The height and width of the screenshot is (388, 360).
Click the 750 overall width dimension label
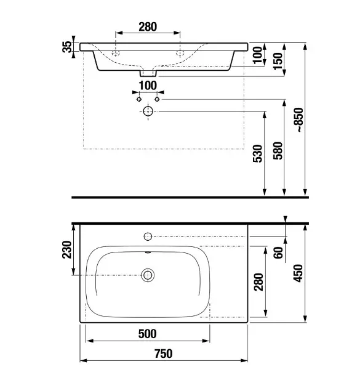tap(164, 354)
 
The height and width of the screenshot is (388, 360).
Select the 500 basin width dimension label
tap(147, 334)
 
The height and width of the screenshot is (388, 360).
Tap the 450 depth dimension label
tap(298, 273)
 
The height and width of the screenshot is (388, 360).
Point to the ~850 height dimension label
tap(299, 120)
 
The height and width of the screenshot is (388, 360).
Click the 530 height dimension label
tap(258, 153)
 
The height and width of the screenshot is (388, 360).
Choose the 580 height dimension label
tap(278, 151)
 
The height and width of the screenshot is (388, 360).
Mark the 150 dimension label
tap(278, 62)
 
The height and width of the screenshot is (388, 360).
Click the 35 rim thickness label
tap(66, 47)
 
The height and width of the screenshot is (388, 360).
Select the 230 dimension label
tap(66, 249)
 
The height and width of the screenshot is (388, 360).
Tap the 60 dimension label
tap(278, 253)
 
